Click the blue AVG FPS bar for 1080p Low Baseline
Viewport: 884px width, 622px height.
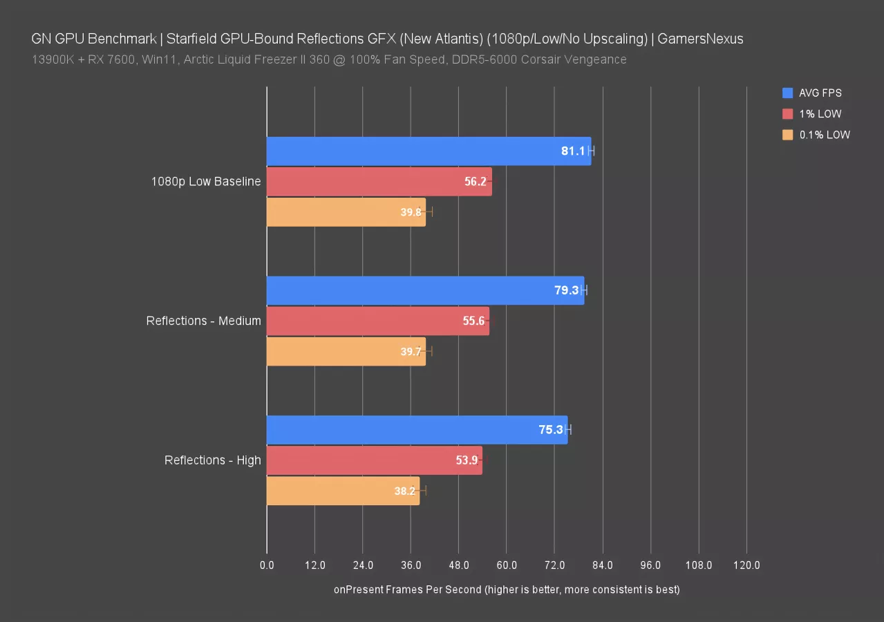415,151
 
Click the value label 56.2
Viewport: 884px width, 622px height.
475,182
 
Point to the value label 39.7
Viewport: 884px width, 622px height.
411,352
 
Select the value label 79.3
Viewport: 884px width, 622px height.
566,290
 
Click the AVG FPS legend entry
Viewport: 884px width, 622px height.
820,93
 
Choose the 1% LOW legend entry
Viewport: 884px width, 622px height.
820,114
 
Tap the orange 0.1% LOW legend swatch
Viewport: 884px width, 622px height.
788,135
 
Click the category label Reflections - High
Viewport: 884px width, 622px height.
212,460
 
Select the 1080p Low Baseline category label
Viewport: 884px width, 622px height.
206,182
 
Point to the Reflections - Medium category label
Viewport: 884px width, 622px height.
203,321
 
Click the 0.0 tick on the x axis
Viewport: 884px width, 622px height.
267,565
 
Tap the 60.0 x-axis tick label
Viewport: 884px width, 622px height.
507,565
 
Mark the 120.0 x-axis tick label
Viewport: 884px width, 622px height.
746,565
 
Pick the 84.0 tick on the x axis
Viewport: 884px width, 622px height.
603,565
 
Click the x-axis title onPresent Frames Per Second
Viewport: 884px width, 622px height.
507,590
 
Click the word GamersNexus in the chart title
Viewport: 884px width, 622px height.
700,39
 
